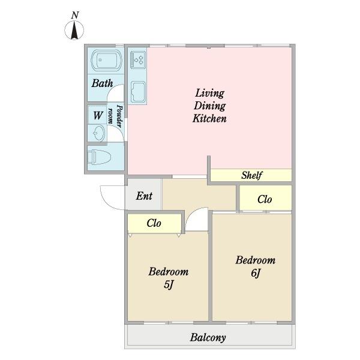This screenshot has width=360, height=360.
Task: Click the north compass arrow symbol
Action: pos(74,30)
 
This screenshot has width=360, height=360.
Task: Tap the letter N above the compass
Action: pos(75,15)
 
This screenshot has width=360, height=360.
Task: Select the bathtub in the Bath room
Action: pos(106,60)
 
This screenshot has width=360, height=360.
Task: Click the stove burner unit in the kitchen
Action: pos(138,60)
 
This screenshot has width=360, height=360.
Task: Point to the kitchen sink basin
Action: pos(138,92)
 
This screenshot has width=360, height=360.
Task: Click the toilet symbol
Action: pos(99,157)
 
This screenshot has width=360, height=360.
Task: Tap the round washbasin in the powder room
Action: pos(99,133)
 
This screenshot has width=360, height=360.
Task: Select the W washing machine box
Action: pos(98,115)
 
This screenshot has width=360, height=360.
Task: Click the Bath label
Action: pos(102,83)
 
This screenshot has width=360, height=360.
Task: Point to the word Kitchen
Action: pos(209,118)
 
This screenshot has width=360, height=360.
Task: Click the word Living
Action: pos(209,93)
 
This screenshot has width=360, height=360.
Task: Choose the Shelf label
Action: pos(251,175)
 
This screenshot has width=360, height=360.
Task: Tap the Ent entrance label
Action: pos(144,196)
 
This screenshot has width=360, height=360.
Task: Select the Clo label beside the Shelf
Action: pos(265,199)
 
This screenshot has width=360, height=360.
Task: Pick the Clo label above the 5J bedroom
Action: pos(154,223)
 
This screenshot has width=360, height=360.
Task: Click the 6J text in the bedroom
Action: pos(256,273)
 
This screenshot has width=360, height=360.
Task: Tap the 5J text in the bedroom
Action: pos(169,284)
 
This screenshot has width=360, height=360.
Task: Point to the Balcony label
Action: pos(208,337)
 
